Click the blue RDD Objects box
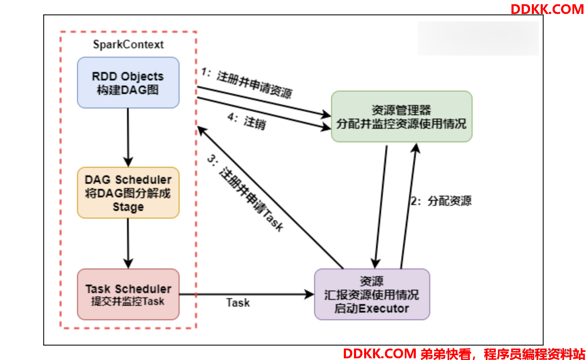pos(128,83)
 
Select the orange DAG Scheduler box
pos(128,193)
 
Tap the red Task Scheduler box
pos(128,294)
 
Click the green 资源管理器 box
pos(402,117)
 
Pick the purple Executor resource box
pos(372,294)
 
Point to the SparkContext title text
pos(128,44)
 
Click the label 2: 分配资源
pos(441,201)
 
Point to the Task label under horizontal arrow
pos(238,303)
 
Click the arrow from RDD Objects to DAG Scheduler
pos(128,138)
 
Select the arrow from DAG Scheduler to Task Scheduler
pos(128,244)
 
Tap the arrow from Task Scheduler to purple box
pos(247,294)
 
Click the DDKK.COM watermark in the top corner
pos(547,9)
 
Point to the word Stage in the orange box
pos(128,207)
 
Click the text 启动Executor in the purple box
pos(372,308)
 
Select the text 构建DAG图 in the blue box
pos(128,90)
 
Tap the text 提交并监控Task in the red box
pos(128,302)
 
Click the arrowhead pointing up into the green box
pos(416,148)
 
